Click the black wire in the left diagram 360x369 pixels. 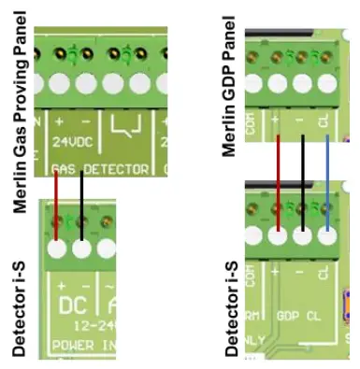point(82,201)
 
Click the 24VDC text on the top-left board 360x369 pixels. point(68,148)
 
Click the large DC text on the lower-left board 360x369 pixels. point(72,305)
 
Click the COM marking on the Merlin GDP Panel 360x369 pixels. point(251,122)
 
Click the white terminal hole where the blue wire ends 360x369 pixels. point(327,235)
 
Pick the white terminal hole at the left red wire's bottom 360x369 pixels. point(59,249)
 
